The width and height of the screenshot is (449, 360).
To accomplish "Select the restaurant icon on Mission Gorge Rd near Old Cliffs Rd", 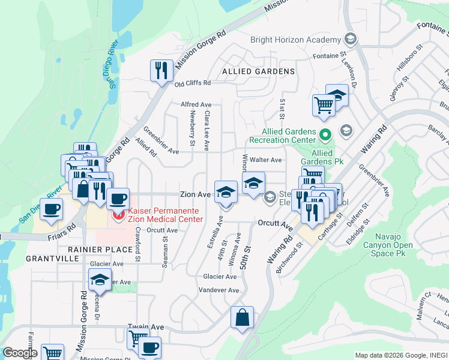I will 160,71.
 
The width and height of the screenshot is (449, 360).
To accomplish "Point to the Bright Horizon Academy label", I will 295,40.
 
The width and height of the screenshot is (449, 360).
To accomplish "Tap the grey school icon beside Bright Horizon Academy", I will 351,40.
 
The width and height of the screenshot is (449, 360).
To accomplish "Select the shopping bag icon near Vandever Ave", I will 242,317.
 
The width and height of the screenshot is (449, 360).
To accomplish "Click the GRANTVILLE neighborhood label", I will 53,258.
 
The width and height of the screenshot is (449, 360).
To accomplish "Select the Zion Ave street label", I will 195,194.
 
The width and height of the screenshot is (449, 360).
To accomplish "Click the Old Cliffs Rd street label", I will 193,83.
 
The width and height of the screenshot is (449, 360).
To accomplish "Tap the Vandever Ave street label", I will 220,290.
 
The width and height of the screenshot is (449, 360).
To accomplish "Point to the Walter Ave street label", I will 266,160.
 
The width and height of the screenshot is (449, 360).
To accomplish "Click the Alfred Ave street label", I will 196,104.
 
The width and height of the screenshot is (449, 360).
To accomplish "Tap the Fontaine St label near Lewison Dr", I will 330,56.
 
